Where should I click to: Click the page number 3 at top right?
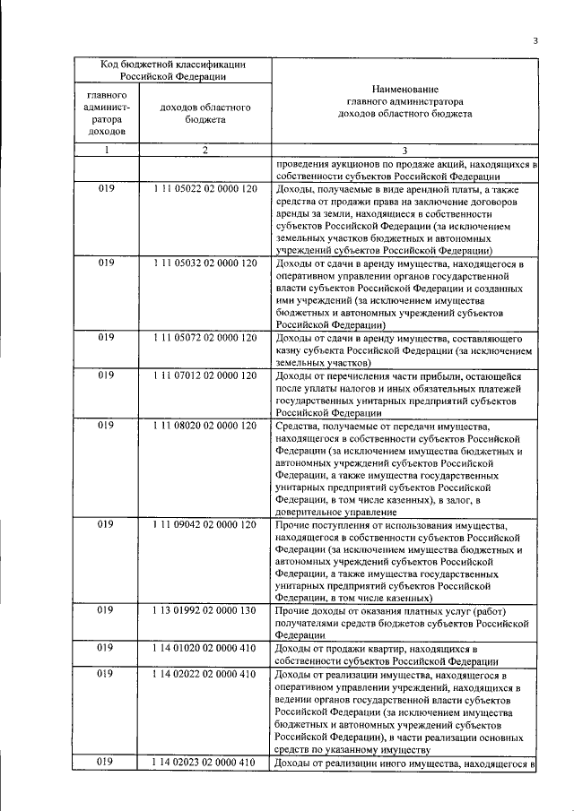click(535, 40)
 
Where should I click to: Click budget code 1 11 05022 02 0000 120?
click(205, 190)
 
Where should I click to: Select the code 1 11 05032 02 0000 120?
click(205, 263)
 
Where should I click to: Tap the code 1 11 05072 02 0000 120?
click(205, 337)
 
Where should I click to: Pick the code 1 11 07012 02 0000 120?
click(205, 375)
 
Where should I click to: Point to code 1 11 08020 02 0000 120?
click(205, 425)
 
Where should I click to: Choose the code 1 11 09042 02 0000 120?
click(205, 523)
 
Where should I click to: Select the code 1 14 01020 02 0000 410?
click(205, 648)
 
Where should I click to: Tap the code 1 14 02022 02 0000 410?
click(205, 673)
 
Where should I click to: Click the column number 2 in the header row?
click(204, 151)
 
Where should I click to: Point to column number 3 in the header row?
click(404, 151)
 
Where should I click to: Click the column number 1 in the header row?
click(106, 151)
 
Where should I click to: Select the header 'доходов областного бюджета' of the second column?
click(204, 113)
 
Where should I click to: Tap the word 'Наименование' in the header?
click(404, 89)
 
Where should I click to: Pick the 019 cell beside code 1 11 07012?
click(106, 375)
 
